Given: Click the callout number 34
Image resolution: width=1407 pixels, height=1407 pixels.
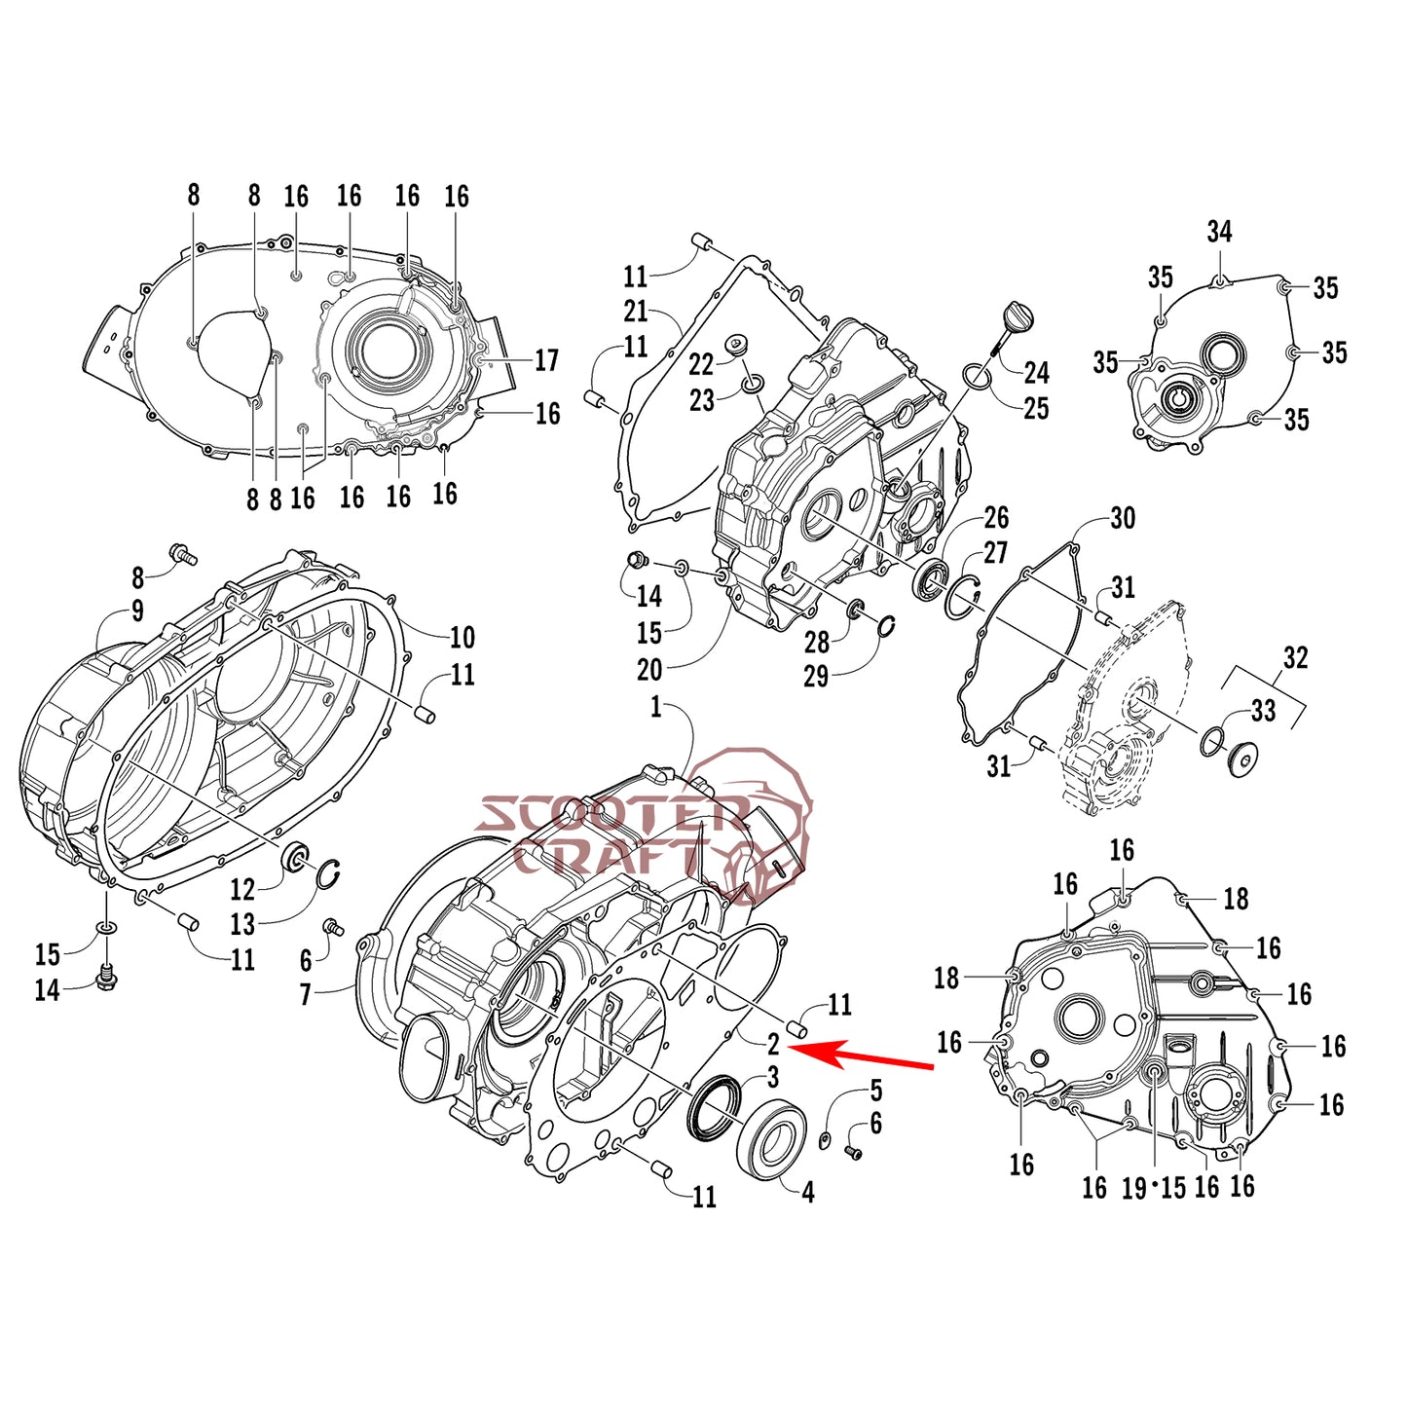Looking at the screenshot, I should (1219, 232).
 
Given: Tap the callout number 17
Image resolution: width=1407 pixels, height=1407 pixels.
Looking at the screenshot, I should (546, 360).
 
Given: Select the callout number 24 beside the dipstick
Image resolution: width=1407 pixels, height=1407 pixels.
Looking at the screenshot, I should (1036, 372).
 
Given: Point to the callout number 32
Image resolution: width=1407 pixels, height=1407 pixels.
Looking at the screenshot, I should (1295, 658).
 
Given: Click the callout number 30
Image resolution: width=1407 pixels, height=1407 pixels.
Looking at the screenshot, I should (1123, 518).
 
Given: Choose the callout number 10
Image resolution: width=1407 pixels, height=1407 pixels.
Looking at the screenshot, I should (462, 638).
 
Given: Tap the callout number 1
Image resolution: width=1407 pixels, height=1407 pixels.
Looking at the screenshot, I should (656, 707).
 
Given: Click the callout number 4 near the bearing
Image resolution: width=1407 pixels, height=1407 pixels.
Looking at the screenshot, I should (807, 1191).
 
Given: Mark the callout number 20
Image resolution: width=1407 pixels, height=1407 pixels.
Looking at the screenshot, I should (649, 670).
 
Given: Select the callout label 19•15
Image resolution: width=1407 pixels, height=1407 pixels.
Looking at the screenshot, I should (1154, 1188).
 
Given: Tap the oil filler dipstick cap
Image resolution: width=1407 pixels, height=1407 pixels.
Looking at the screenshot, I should (1016, 317).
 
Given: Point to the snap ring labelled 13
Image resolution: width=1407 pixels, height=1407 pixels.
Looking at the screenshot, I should (328, 874).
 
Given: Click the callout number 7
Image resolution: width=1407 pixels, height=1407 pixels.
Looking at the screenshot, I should (306, 994).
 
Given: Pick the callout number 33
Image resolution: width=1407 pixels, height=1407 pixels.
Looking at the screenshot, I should (1263, 711).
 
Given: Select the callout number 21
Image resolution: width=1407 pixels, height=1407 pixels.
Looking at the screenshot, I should (636, 312).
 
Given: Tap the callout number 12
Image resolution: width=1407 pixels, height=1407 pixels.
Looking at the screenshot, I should (242, 889).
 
